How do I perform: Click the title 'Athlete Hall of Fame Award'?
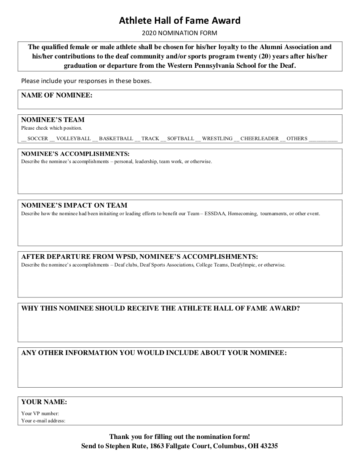tap(180, 20)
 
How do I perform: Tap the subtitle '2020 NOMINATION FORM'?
tap(180, 33)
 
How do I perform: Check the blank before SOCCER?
tap(23, 139)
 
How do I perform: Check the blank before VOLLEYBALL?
tap(52, 139)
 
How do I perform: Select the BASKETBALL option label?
tap(116, 139)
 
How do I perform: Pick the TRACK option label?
tap(150, 139)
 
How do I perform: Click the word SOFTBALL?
tap(180, 139)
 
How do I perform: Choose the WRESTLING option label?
tap(217, 139)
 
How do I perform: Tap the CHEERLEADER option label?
tap(260, 139)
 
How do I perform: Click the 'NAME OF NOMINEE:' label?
tap(57, 95)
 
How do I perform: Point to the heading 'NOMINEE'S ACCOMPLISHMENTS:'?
tap(75, 154)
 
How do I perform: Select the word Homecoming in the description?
tap(242, 214)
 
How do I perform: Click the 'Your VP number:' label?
tap(40, 413)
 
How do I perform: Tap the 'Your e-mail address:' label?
tap(43, 421)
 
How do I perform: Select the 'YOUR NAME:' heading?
tap(44, 402)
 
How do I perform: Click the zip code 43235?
tap(268, 446)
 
